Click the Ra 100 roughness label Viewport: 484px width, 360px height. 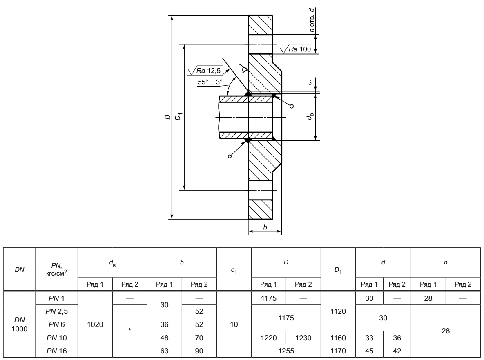(x=300, y=49)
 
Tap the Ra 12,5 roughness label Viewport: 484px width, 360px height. (x=208, y=71)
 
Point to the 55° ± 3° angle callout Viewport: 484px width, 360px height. (x=210, y=82)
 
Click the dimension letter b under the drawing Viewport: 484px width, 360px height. (x=265, y=227)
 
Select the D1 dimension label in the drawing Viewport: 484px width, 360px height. (x=178, y=117)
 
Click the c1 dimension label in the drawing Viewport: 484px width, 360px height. (x=310, y=82)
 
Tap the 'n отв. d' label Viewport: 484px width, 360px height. (x=312, y=20)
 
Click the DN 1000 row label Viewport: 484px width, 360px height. (x=20, y=324)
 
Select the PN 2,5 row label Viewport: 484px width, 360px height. (x=56, y=311)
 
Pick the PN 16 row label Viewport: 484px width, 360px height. (x=56, y=351)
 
